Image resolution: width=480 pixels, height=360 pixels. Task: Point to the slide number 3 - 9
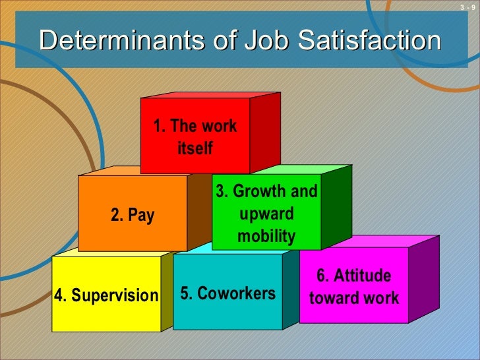pos(467,7)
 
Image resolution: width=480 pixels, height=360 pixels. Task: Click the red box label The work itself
pos(195,137)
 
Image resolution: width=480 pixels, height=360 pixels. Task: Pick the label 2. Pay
pos(133,215)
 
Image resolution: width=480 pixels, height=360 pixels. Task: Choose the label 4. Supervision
pos(107,295)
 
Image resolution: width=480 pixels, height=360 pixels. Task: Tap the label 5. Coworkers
pos(227,293)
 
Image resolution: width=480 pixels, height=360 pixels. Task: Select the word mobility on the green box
pos(266,237)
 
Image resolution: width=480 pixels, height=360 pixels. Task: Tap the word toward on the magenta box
pos(333,298)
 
